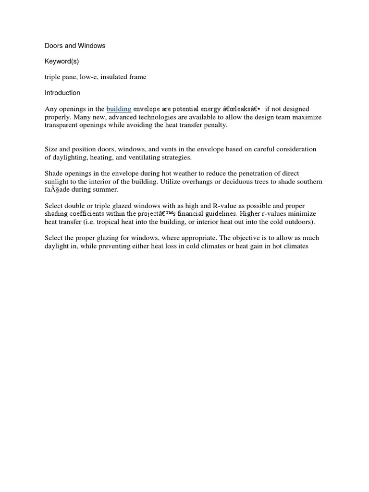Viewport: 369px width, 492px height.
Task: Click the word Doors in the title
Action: pyautogui.click(x=54, y=46)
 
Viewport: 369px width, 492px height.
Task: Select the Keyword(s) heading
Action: pyautogui.click(x=62, y=61)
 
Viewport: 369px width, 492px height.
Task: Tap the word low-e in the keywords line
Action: pyautogui.click(x=96, y=77)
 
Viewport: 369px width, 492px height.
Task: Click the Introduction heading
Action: pyautogui.click(x=62, y=93)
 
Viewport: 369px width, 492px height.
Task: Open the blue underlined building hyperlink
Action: pyautogui.click(x=119, y=109)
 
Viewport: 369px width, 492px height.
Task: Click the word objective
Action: pyautogui.click(x=240, y=238)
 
